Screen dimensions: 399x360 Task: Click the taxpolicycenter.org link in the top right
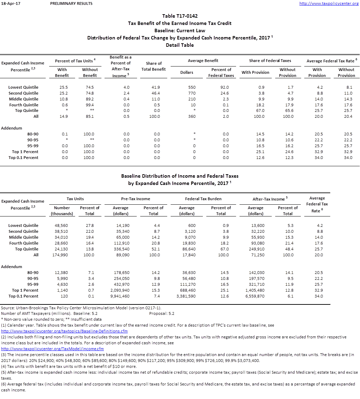tap(328, 3)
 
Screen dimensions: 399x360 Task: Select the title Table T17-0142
tap(180, 16)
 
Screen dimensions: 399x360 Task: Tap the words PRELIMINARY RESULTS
tap(71, 3)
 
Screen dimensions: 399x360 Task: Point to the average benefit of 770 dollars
tap(191, 93)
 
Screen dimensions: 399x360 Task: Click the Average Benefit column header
tap(203, 61)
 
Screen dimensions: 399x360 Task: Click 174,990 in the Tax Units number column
tap(61, 255)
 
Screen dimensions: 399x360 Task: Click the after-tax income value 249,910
tap(257, 249)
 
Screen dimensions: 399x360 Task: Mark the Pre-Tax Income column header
tap(136, 199)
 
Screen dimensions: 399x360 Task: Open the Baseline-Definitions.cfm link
tap(60, 331)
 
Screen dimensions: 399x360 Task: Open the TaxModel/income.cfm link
tap(53, 349)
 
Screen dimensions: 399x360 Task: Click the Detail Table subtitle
tap(180, 45)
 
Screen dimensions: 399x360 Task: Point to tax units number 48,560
tap(61, 225)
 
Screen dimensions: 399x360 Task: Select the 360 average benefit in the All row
tap(191, 116)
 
